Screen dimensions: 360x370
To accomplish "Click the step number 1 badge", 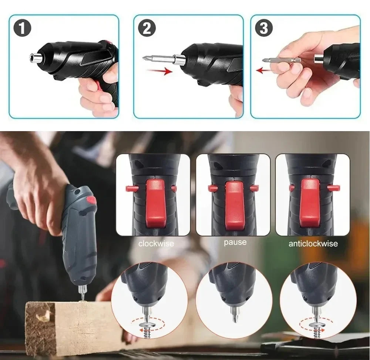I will pyautogui.click(x=22, y=29).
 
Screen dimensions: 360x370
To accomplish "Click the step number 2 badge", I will pyautogui.click(x=147, y=29).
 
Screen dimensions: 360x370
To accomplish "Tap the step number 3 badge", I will pyautogui.click(x=264, y=29).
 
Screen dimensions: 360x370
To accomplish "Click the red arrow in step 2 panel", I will pyautogui.click(x=159, y=70).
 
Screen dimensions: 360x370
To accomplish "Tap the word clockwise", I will pyautogui.click(x=156, y=244).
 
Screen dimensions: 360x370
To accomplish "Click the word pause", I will pyautogui.click(x=235, y=242).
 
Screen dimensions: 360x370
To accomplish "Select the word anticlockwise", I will pyautogui.click(x=313, y=244).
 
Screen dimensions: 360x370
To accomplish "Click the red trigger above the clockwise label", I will pyautogui.click(x=155, y=203).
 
